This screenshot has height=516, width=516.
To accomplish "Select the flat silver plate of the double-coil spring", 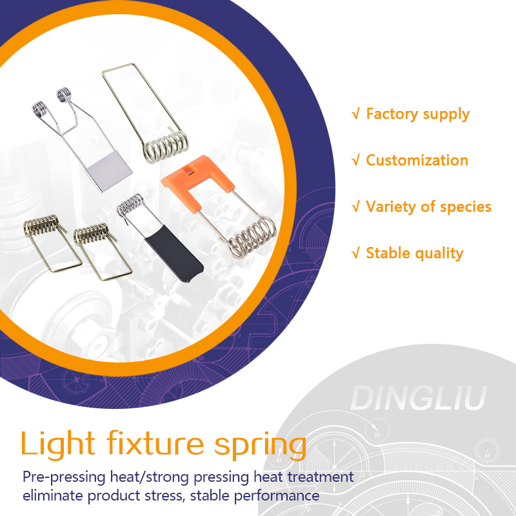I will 109,170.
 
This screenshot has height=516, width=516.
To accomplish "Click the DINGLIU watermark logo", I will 417,399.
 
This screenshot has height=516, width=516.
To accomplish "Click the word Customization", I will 417,160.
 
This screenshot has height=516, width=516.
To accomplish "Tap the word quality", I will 439,253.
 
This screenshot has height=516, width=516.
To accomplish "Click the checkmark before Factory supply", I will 355,114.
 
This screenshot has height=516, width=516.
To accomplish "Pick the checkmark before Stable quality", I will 355,253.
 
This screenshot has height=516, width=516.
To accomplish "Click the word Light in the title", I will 57,444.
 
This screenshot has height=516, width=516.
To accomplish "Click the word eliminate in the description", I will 55,496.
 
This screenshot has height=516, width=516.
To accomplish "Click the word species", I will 465,207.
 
